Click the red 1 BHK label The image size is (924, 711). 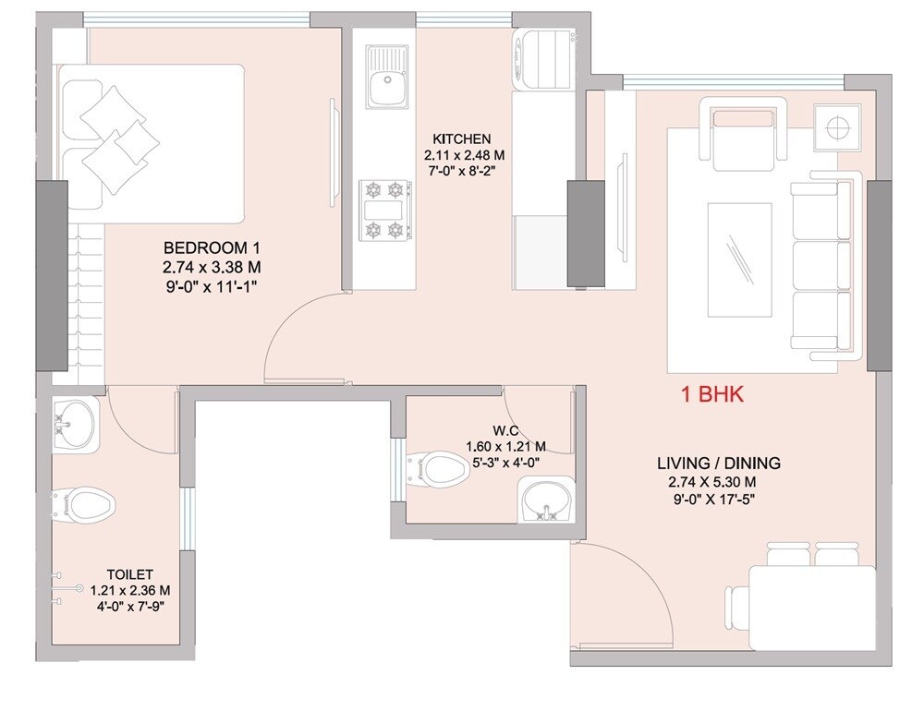click(x=712, y=395)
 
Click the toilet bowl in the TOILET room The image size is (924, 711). click(x=84, y=504)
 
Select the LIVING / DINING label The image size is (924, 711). click(x=719, y=463)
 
